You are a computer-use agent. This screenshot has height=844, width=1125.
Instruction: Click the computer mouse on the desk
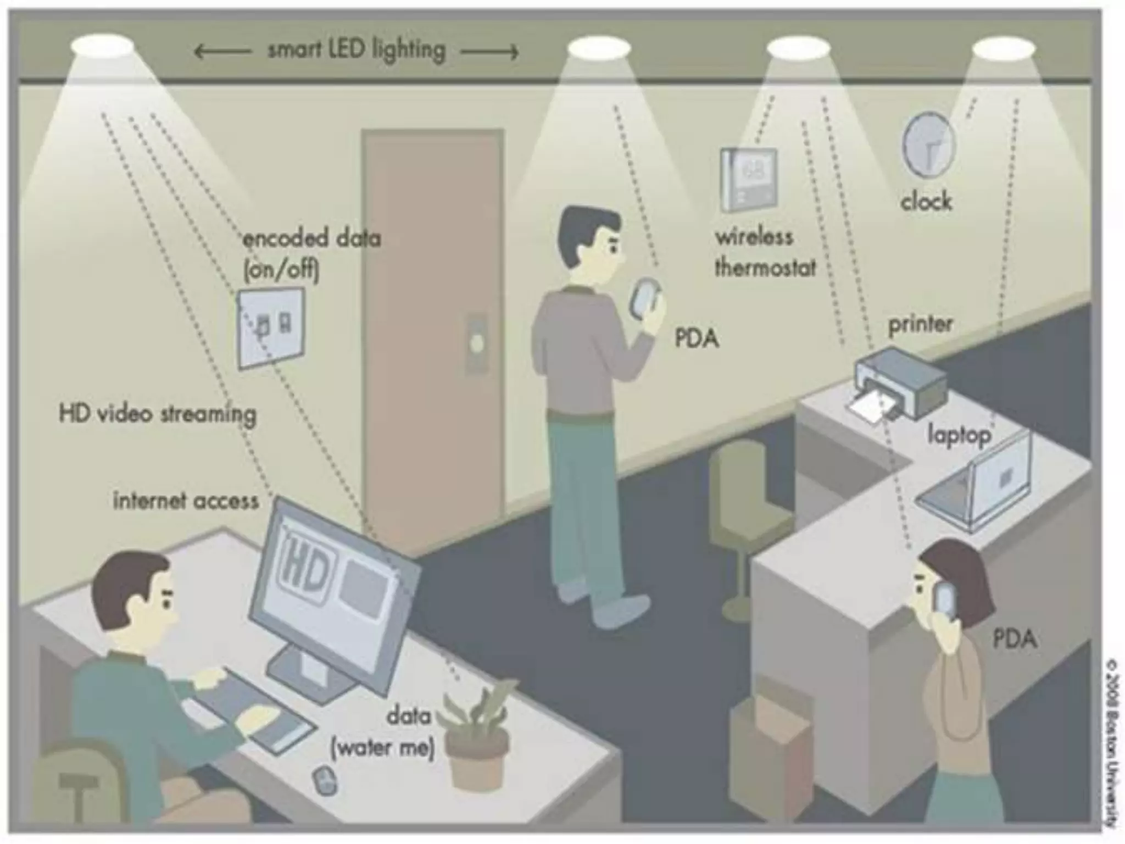324,780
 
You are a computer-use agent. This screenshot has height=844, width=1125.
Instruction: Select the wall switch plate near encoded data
271,327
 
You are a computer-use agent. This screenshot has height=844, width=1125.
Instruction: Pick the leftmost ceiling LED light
102,47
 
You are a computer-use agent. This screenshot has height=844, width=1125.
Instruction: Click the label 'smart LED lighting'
356,51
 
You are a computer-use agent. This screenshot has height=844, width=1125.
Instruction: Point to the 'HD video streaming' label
158,414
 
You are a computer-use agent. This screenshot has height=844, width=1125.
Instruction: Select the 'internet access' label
186,501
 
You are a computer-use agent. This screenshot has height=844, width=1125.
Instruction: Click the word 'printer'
920,324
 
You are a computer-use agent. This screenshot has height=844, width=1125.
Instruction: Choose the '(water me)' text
383,748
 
